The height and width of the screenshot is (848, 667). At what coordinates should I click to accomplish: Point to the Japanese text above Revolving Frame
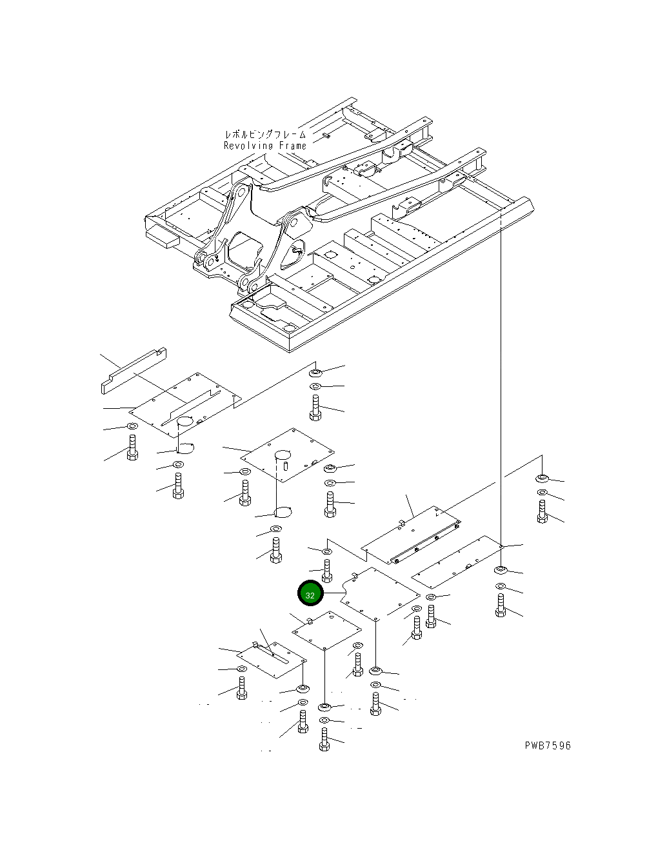(265, 134)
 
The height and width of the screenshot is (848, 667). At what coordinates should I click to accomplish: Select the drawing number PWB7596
(548, 745)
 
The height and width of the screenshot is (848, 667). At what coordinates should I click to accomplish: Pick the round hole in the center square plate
(283, 455)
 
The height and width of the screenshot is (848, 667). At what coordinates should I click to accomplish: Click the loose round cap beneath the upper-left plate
(185, 448)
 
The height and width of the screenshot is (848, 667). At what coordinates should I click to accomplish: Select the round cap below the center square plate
(283, 512)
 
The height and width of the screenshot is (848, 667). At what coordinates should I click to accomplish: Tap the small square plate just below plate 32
(327, 631)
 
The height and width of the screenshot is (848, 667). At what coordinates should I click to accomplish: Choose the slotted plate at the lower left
(272, 660)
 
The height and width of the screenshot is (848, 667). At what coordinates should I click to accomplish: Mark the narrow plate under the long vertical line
(457, 562)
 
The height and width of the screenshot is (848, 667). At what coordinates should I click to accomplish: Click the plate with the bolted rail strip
(411, 535)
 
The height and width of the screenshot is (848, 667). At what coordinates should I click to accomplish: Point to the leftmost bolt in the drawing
(132, 448)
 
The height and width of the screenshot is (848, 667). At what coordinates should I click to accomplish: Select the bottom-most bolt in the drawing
(324, 739)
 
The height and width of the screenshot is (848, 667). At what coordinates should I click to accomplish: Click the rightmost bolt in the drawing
(543, 511)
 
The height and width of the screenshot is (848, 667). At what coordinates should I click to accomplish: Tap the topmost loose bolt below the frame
(315, 408)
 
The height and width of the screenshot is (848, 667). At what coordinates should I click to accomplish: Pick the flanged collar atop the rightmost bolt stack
(543, 478)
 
